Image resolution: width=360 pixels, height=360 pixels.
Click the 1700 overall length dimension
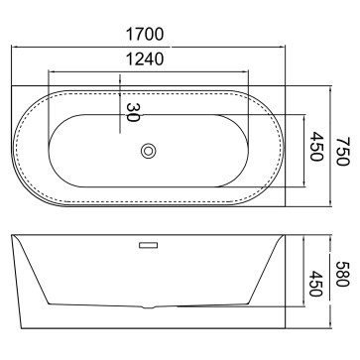(145, 34)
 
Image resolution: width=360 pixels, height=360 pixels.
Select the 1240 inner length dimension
(145, 60)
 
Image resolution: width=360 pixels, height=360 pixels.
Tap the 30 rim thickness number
(133, 112)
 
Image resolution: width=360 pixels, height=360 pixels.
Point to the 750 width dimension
(343, 151)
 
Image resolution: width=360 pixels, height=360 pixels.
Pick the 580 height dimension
(343, 274)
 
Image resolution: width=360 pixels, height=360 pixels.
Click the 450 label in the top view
(316, 147)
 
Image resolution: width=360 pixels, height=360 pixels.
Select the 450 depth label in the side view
(315, 284)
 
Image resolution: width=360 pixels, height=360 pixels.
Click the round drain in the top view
(149, 151)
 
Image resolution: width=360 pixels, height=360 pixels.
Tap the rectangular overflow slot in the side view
(148, 245)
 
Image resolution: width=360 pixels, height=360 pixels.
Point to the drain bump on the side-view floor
(149, 307)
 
